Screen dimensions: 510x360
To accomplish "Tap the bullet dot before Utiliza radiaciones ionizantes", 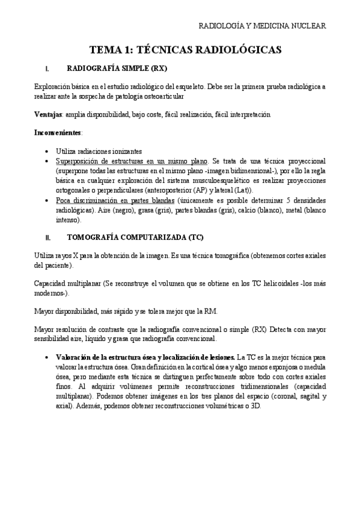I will [x=47, y=151].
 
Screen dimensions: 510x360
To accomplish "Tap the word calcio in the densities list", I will [x=230, y=210].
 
